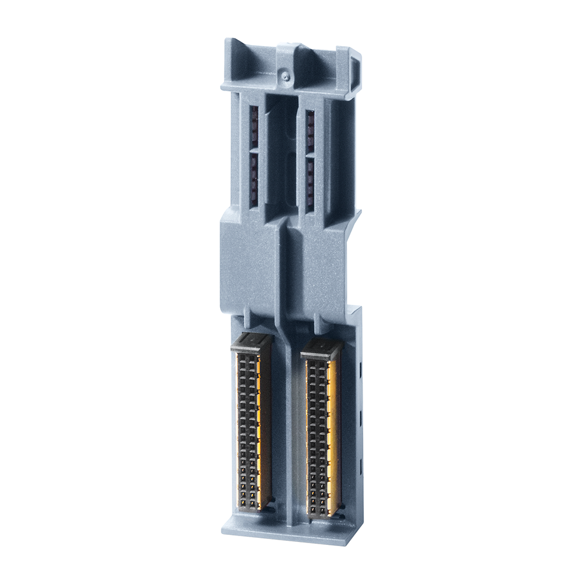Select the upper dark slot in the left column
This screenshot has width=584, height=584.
(254, 128)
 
